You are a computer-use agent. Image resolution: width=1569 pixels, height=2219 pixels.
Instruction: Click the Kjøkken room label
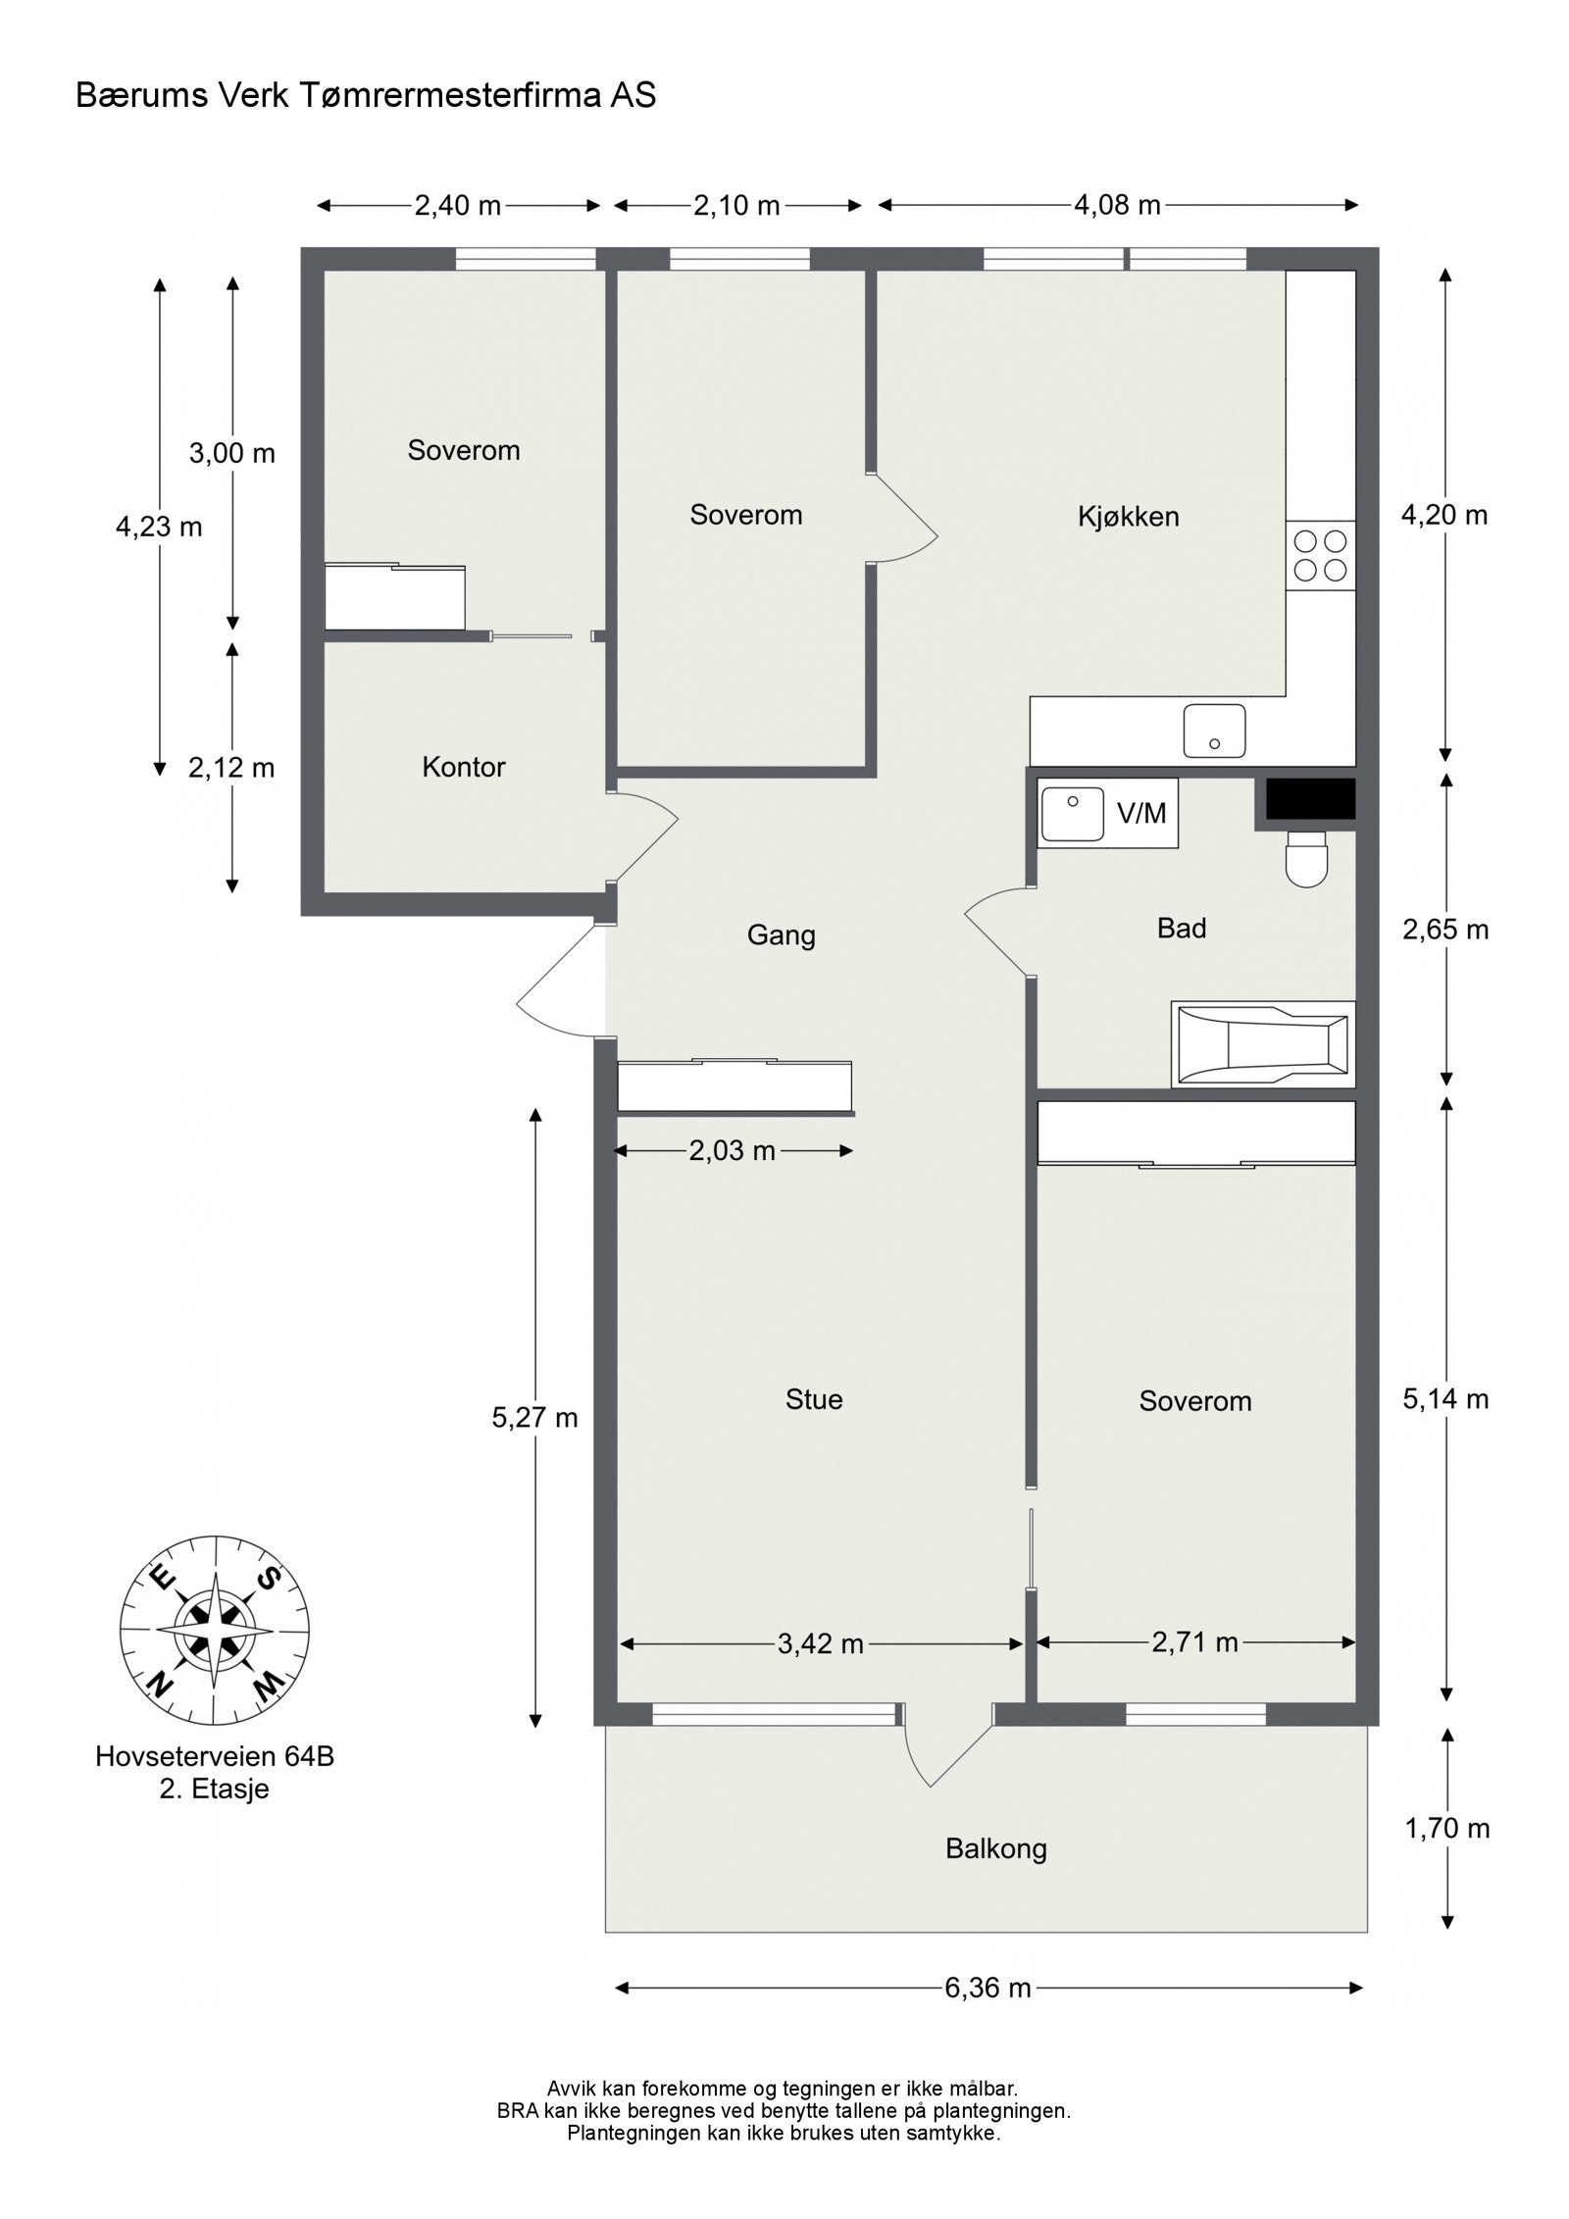click(1128, 517)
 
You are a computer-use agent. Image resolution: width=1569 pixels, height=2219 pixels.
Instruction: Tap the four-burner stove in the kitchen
click(1320, 555)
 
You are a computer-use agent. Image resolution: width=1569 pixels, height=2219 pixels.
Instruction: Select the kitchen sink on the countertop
click(1214, 731)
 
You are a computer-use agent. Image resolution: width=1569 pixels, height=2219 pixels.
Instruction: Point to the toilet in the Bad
click(1305, 860)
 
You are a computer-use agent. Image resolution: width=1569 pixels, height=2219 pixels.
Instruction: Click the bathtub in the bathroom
click(1263, 1044)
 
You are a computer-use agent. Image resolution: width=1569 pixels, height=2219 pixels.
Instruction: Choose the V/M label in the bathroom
click(1141, 813)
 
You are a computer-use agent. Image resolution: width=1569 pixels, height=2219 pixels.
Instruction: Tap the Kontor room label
click(464, 767)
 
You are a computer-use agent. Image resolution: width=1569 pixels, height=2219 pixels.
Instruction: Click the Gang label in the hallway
click(782, 935)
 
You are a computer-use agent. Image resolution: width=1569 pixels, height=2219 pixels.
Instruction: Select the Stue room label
click(814, 1399)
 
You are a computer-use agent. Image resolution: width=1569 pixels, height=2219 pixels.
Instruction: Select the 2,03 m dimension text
click(733, 1150)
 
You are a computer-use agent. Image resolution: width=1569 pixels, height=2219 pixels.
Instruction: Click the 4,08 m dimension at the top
click(1118, 205)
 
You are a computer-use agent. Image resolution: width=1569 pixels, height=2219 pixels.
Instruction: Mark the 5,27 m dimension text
click(535, 1417)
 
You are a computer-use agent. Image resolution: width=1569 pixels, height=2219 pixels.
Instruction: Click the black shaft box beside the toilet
click(1310, 798)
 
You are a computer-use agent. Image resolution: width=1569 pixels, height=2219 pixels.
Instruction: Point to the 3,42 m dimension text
click(821, 1643)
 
